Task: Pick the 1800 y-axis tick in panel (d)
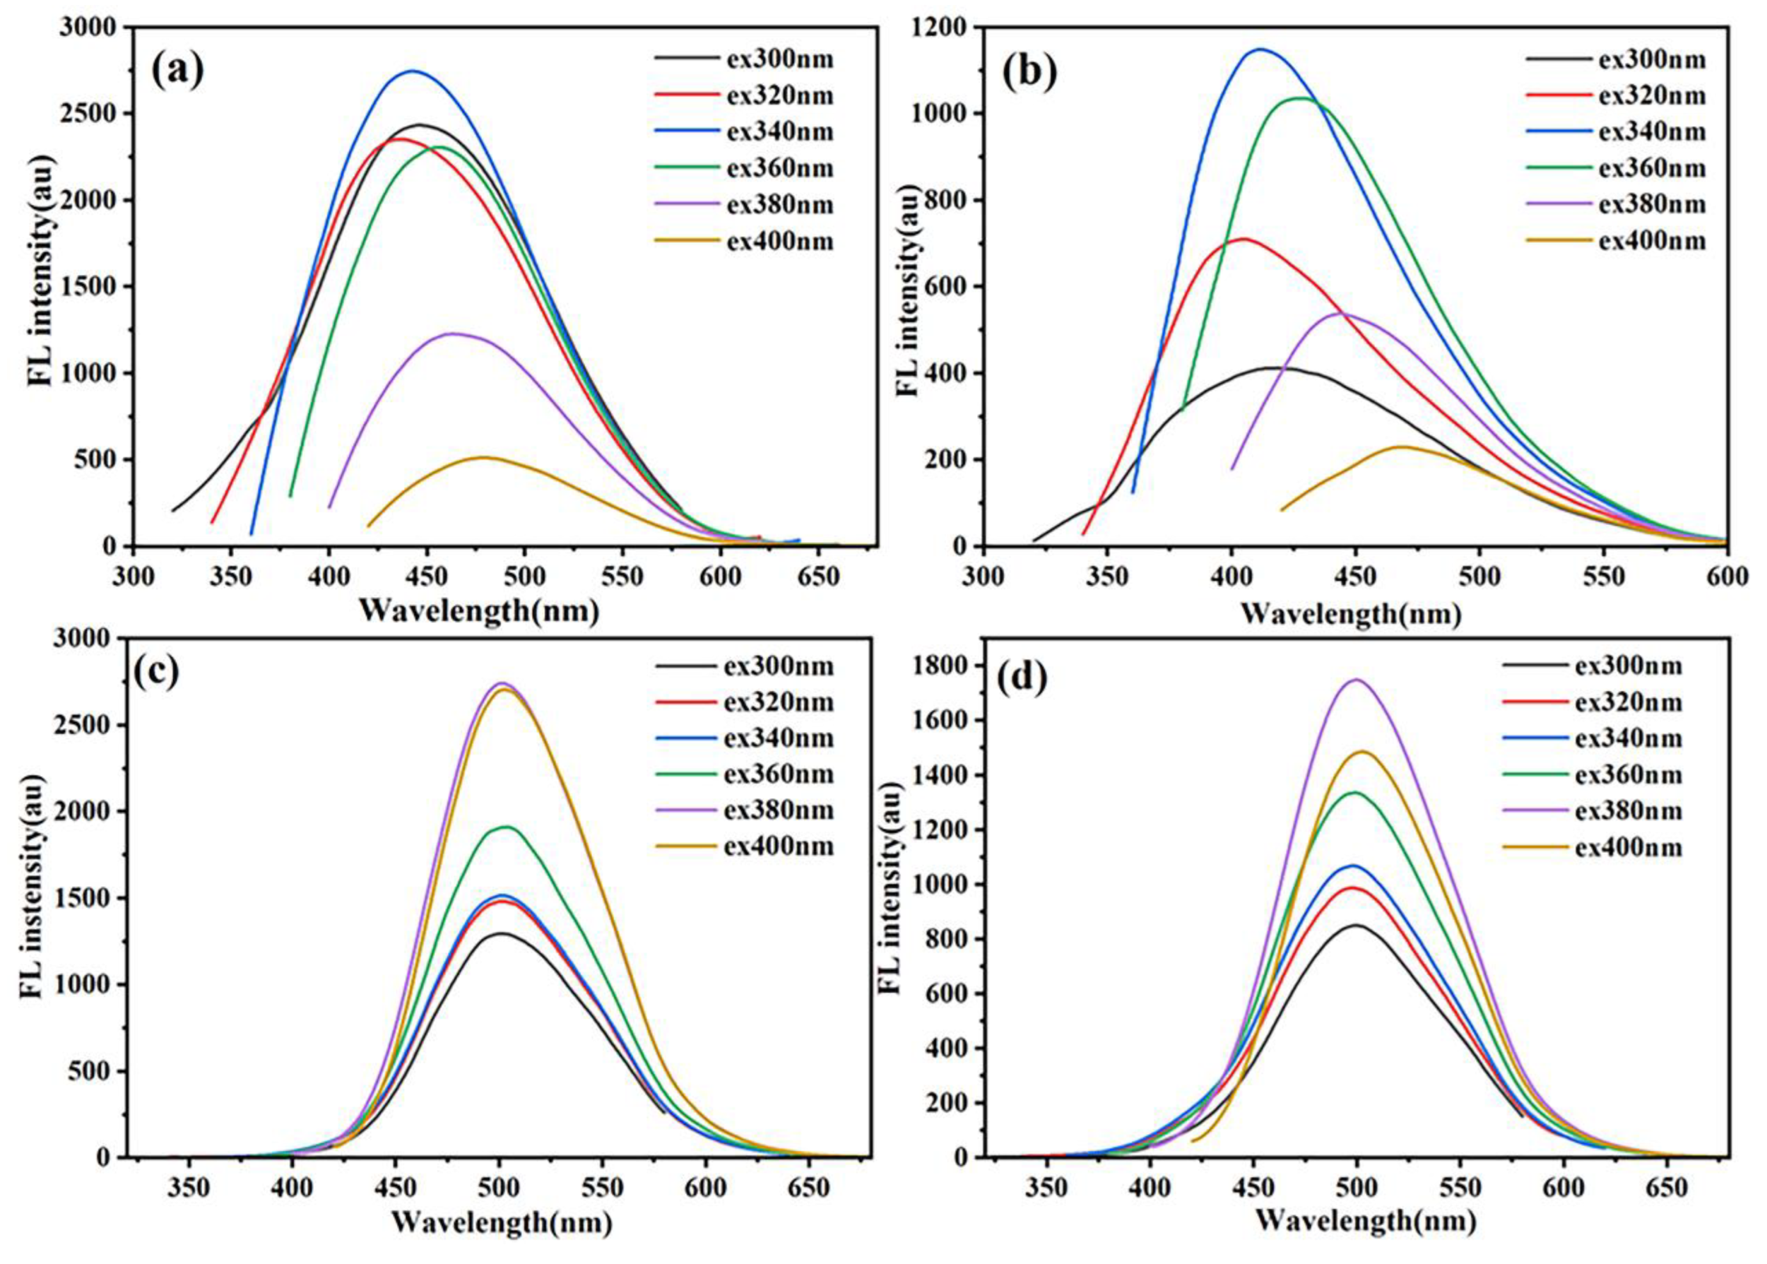pyautogui.click(x=938, y=666)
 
